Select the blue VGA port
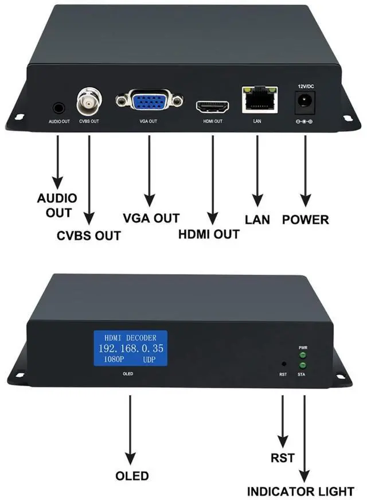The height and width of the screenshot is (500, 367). point(149,102)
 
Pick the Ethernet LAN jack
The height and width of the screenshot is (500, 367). point(259,99)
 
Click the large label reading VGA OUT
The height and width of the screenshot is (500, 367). point(151,218)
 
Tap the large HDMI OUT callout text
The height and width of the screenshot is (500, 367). point(209,235)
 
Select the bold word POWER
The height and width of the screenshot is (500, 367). point(306,220)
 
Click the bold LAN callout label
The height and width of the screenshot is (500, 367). point(257,220)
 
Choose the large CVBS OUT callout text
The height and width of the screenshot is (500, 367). point(88,236)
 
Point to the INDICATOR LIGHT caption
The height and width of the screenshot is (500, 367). point(300,491)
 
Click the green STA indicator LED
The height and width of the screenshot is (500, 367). point(302,365)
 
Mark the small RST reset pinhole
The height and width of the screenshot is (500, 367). point(283,364)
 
